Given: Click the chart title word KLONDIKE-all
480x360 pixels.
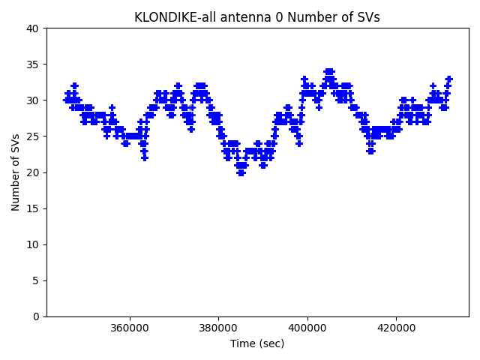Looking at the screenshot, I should [x=169, y=17].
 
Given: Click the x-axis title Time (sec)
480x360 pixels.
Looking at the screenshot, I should [x=257, y=343].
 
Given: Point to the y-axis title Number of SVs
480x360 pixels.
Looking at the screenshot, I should [x=16, y=172].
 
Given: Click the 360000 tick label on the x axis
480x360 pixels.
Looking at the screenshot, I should [x=129, y=328].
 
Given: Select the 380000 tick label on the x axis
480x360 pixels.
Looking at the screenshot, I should [x=218, y=328].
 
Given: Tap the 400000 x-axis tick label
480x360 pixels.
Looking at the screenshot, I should [x=307, y=328].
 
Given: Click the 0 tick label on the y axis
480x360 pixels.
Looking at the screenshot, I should [x=36, y=316].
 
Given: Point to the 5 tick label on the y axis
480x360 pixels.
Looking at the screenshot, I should [x=36, y=280].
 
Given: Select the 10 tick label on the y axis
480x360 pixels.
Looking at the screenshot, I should [x=33, y=244].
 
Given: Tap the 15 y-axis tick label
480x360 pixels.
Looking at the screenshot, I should [x=33, y=208].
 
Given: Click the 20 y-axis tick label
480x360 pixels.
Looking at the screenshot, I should [x=33, y=172].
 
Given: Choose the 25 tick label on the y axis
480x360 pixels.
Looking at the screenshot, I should [x=33, y=136].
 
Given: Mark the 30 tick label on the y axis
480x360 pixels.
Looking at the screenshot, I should [x=33, y=100].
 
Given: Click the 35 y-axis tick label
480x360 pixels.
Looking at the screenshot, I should [x=33, y=64].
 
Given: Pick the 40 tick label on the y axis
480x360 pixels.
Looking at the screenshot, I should [x=33, y=28].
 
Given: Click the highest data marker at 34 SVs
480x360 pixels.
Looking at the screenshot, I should [x=329, y=72].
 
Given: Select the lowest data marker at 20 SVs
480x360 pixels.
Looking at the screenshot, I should [x=241, y=172].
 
